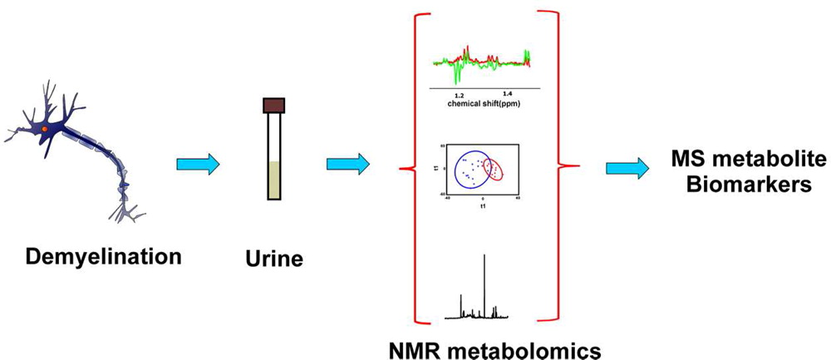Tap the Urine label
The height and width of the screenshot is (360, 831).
[275, 259]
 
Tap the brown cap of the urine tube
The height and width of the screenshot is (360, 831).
[273, 106]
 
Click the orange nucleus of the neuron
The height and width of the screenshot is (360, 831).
[43, 130]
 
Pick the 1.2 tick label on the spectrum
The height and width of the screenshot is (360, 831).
[459, 95]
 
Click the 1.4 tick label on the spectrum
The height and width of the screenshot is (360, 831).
[508, 94]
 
